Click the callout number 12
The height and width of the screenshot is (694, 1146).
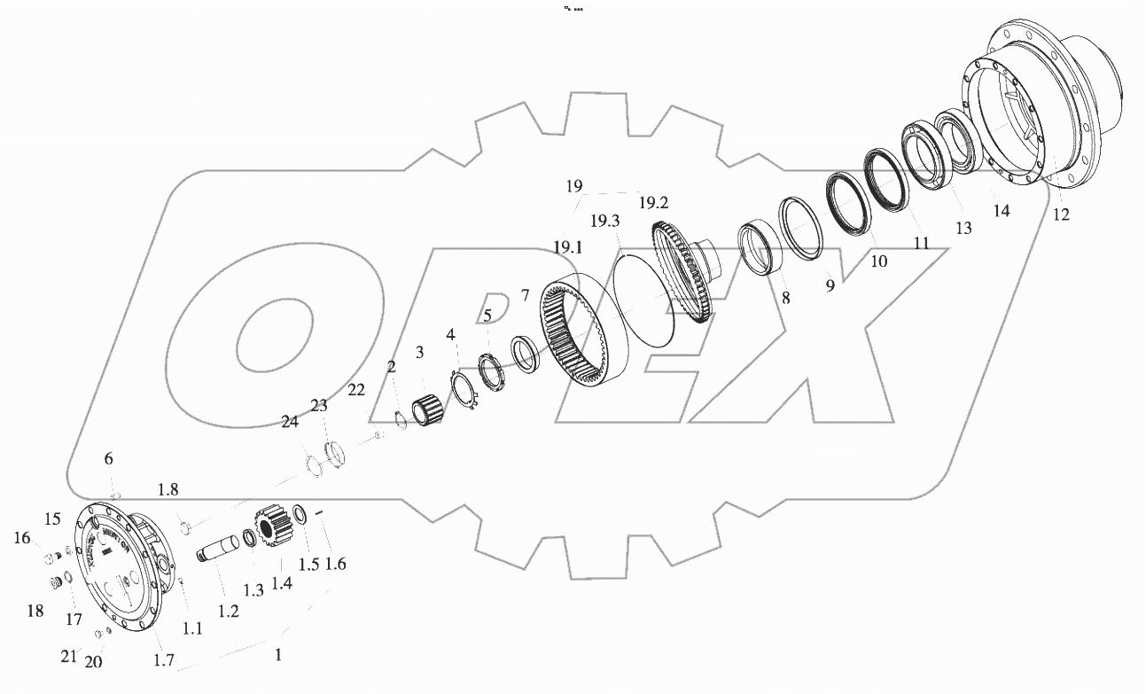[x=1060, y=214]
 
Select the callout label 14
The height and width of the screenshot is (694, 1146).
[x=1001, y=211]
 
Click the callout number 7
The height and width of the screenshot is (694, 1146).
[x=525, y=294]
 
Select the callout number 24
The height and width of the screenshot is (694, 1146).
[x=291, y=424]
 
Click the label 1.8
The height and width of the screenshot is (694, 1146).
[x=168, y=490]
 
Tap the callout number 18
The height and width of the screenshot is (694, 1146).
[x=35, y=611]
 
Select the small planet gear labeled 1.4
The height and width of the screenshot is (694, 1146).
[x=271, y=531]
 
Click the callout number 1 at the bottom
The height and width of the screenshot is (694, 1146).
[x=278, y=656]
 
